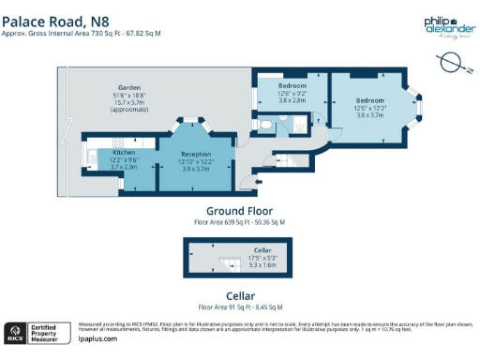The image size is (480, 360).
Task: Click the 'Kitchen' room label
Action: [125, 151]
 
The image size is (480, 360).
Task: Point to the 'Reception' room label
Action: [195, 154]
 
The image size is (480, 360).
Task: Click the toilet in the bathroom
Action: [267, 122]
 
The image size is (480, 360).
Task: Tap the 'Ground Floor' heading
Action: [239, 211]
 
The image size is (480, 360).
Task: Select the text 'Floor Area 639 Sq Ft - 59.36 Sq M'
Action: [239, 223]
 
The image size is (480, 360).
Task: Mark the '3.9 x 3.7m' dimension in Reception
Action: [195, 168]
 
